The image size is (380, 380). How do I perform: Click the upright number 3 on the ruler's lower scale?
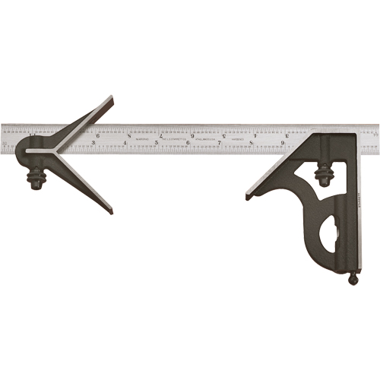pos(93,142)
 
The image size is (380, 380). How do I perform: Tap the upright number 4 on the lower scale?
pos(125,142)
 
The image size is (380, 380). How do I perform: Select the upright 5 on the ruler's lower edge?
pos(156,142)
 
